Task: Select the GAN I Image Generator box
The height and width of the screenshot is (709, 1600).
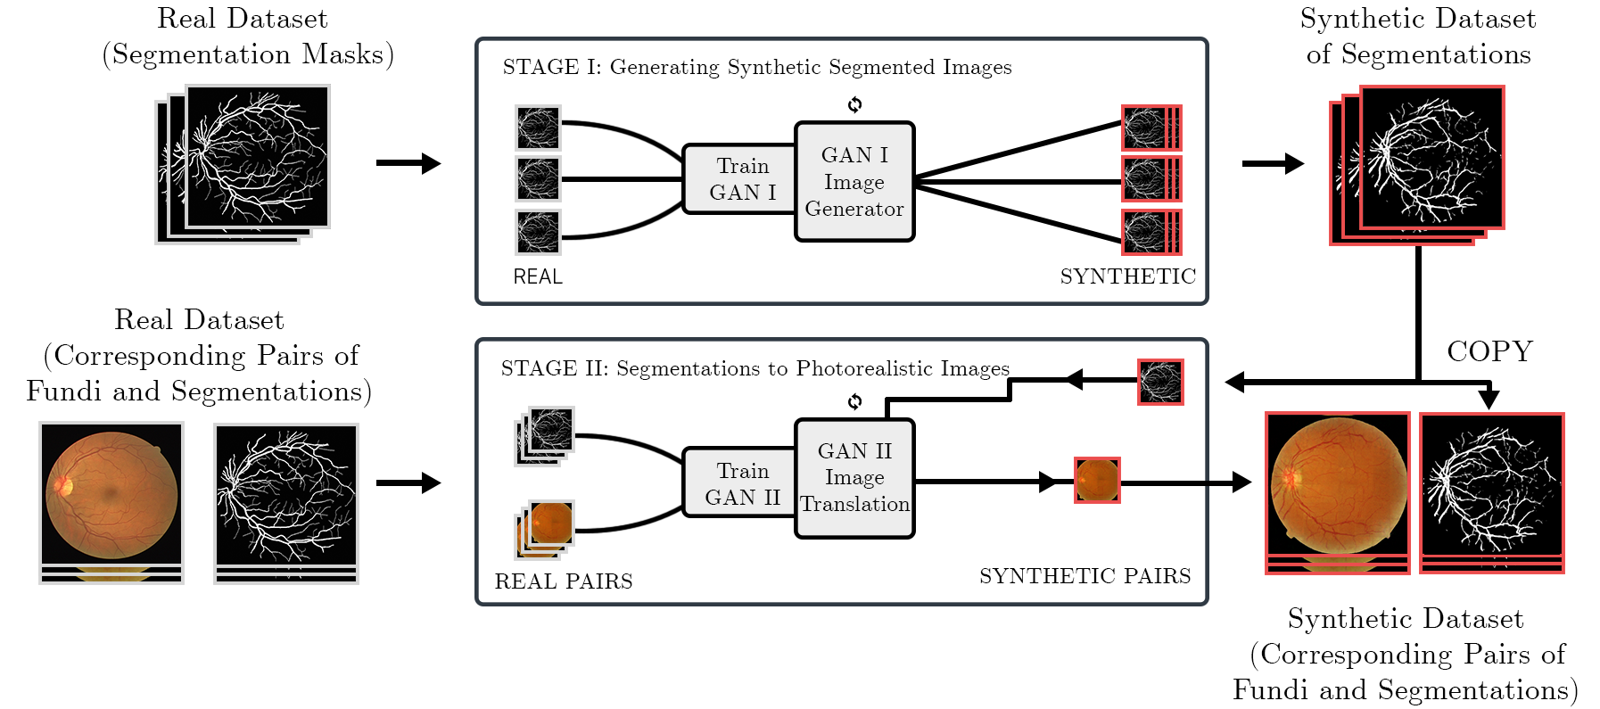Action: point(854,182)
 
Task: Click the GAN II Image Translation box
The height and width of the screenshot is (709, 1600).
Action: point(854,478)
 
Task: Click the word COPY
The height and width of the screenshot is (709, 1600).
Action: point(1489,351)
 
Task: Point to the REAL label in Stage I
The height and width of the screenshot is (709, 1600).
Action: point(537,276)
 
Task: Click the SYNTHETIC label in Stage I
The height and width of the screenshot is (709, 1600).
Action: point(1127,276)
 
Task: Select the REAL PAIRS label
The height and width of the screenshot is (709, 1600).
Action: point(563,581)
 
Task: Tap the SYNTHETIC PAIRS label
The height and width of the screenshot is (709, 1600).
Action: point(1085,576)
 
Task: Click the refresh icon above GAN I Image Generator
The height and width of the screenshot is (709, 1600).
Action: point(854,104)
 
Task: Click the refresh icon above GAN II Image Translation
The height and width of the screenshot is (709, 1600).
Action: point(854,401)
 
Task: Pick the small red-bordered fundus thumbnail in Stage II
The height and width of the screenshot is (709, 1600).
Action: point(1096,481)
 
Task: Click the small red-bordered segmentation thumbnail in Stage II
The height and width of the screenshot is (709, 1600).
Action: point(1160,383)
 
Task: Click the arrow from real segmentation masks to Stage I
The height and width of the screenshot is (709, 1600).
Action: point(408,163)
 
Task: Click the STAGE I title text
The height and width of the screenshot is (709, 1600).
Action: point(756,67)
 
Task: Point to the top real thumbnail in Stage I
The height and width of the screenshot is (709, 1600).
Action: point(538,128)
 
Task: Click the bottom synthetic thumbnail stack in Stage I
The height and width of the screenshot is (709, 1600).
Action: point(1150,232)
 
